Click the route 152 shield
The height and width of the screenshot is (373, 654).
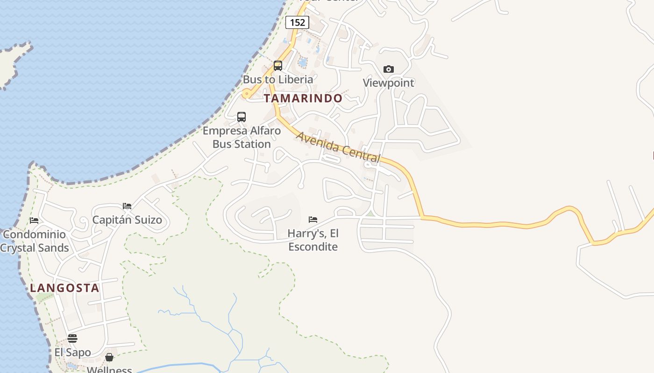[x=297, y=22]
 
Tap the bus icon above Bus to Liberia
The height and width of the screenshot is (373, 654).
[x=278, y=66]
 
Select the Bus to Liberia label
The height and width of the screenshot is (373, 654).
[x=278, y=79]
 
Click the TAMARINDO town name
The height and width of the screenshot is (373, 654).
[x=303, y=98]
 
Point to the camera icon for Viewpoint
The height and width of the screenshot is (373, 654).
[x=388, y=69]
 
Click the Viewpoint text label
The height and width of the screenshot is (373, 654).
[x=389, y=83]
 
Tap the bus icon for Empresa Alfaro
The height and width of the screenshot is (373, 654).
[x=242, y=117]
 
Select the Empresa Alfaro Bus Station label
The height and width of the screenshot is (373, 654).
[x=242, y=137]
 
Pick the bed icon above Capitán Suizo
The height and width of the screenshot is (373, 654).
[x=127, y=206]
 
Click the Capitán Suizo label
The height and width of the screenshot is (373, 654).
[x=127, y=220]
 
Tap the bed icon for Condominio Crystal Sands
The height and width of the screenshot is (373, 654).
[x=34, y=221]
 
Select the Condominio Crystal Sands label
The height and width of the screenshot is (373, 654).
[x=35, y=241]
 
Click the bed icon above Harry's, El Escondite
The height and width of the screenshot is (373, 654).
[x=313, y=220]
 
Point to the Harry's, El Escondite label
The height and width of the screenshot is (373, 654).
[x=313, y=240]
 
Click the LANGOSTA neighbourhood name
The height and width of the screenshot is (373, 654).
[x=65, y=288]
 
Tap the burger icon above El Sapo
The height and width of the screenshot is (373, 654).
[x=72, y=338]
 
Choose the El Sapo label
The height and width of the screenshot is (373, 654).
[x=72, y=352]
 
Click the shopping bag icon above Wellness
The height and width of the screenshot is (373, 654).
[x=109, y=357]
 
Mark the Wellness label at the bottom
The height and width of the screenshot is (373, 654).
[x=109, y=370]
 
